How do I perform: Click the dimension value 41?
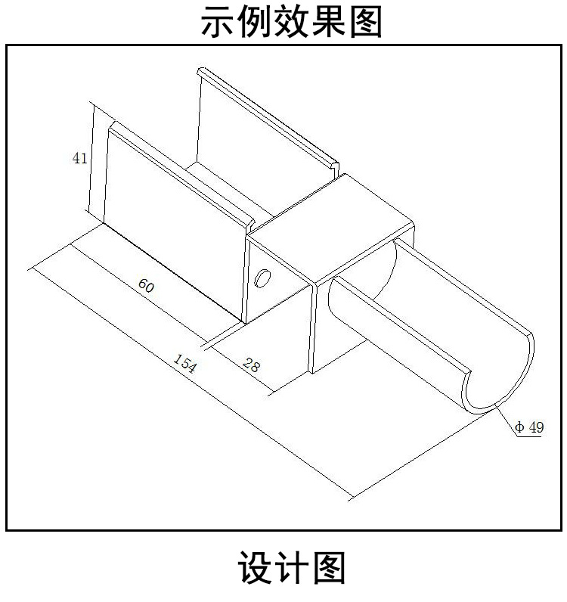click(x=79, y=158)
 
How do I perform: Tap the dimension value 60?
click(x=147, y=286)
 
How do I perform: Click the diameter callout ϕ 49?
click(x=529, y=427)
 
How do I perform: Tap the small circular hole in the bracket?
click(x=263, y=279)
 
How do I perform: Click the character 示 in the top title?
click(x=219, y=23)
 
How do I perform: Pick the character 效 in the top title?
click(x=292, y=23)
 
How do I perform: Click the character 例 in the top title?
click(x=256, y=23)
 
